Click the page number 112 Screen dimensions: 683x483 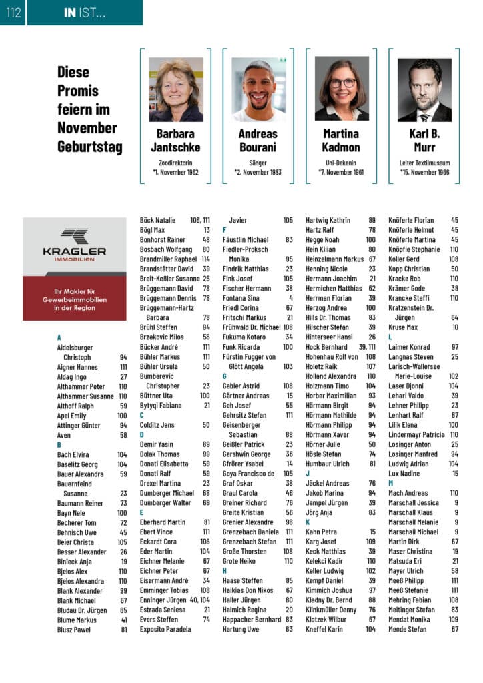[12, 12]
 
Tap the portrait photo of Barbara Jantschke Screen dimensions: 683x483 [176, 89]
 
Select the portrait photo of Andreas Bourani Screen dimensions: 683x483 [259, 89]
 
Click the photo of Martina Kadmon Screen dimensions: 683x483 [342, 89]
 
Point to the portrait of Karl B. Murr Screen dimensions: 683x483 [424, 89]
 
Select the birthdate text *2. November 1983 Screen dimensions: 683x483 [258, 173]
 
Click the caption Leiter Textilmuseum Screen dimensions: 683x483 [424, 163]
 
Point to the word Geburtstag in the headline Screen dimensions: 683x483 [89, 147]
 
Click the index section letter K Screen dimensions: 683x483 [308, 522]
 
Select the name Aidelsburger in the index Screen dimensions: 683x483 [75, 348]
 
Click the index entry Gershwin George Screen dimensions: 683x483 [246, 454]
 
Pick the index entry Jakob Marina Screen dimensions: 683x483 [325, 493]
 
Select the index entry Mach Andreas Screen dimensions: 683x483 [408, 493]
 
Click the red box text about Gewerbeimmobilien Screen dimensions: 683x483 [74, 299]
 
